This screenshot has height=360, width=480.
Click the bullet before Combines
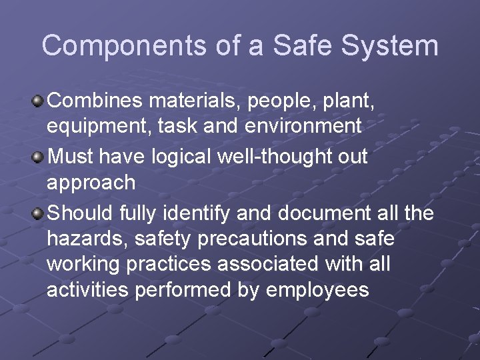click(39, 101)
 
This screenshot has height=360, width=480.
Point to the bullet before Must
click(39, 158)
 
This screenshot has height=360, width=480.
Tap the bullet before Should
click(39, 214)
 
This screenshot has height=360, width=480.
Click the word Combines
click(95, 101)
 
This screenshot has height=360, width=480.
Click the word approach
click(91, 183)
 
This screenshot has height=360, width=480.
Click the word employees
click(317, 291)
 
